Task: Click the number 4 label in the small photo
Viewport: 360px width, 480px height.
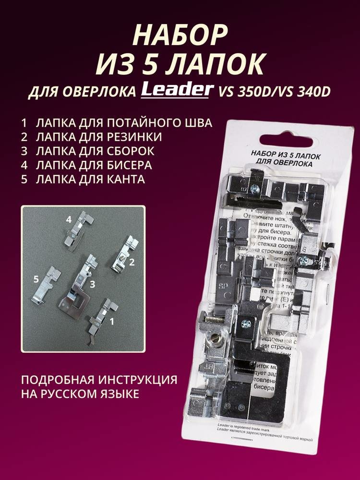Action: tap(69, 219)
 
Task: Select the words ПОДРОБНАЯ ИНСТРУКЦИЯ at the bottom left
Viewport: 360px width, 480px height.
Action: tap(98, 380)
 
